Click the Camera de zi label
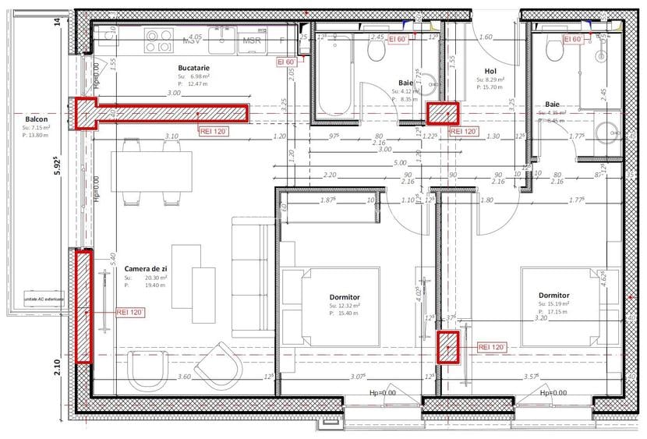tap(146, 268)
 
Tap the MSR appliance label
tap(252, 41)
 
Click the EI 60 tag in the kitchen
tap(285, 62)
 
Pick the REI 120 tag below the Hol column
tap(463, 132)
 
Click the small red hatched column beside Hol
tap(442, 114)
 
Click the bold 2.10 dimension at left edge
tap(58, 366)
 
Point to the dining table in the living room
tap(152, 170)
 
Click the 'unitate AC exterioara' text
tap(44, 299)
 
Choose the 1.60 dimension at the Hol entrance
tap(486, 37)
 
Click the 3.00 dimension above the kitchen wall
tap(173, 93)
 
